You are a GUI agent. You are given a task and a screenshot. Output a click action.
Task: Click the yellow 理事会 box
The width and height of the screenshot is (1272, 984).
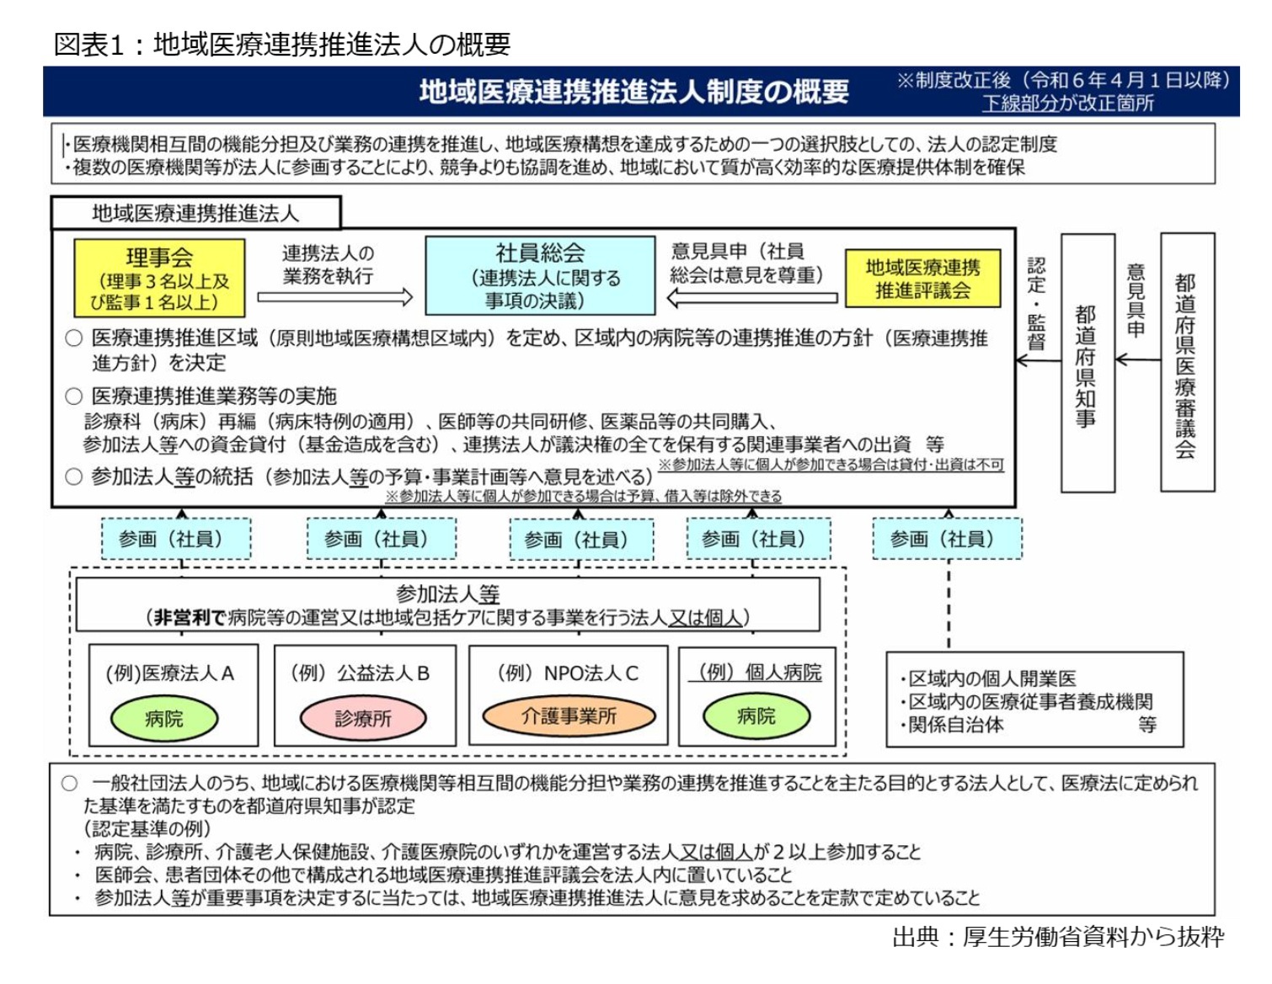159,277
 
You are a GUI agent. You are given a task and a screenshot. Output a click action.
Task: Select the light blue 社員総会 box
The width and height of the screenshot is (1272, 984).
540,275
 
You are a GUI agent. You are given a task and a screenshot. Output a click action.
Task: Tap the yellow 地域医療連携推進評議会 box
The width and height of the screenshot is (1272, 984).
922,279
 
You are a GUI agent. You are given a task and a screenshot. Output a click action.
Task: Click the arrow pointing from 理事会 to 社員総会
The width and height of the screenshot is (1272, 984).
334,296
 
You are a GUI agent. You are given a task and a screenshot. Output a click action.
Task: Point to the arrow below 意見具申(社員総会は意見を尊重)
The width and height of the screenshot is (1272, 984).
752,297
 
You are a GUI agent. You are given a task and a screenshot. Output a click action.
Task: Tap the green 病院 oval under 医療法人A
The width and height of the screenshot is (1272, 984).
164,718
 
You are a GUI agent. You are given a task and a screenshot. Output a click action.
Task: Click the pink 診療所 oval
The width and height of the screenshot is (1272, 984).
363,718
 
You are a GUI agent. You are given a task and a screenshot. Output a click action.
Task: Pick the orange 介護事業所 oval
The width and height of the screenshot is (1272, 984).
569,715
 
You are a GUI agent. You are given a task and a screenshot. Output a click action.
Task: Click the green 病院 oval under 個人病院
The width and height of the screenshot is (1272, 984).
756,715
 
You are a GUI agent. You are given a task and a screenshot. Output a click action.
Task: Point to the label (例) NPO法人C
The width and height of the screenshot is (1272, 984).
568,673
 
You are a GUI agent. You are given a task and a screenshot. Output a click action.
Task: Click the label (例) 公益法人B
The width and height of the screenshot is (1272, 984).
361,673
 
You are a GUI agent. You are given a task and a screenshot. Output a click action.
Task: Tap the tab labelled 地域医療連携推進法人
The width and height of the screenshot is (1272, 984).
195,214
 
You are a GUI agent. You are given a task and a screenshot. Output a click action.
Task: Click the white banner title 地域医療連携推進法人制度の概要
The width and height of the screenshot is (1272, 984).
633,91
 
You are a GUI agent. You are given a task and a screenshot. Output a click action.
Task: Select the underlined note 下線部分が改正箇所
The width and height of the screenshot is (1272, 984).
1067,104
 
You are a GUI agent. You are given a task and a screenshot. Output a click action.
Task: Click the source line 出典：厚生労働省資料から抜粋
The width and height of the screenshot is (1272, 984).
1057,936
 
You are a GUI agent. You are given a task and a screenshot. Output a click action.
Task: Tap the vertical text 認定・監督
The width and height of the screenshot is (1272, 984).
1037,303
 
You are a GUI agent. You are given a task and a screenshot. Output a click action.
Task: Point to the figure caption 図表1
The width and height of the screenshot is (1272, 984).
88,44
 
